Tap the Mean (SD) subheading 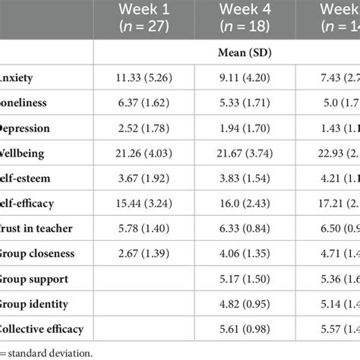tap(223, 54)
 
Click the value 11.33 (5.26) tap(144, 77)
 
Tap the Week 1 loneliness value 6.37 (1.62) tap(144, 103)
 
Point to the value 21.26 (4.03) tap(144, 153)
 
